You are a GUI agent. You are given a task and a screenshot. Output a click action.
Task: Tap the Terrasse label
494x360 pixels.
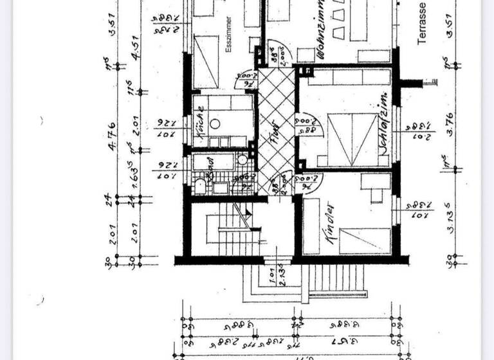[422, 22]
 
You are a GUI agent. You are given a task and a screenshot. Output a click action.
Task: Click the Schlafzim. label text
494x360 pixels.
[383, 129]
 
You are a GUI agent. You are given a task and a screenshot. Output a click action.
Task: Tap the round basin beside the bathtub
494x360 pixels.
[241, 161]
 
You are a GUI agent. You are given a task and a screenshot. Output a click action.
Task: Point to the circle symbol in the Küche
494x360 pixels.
[217, 123]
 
